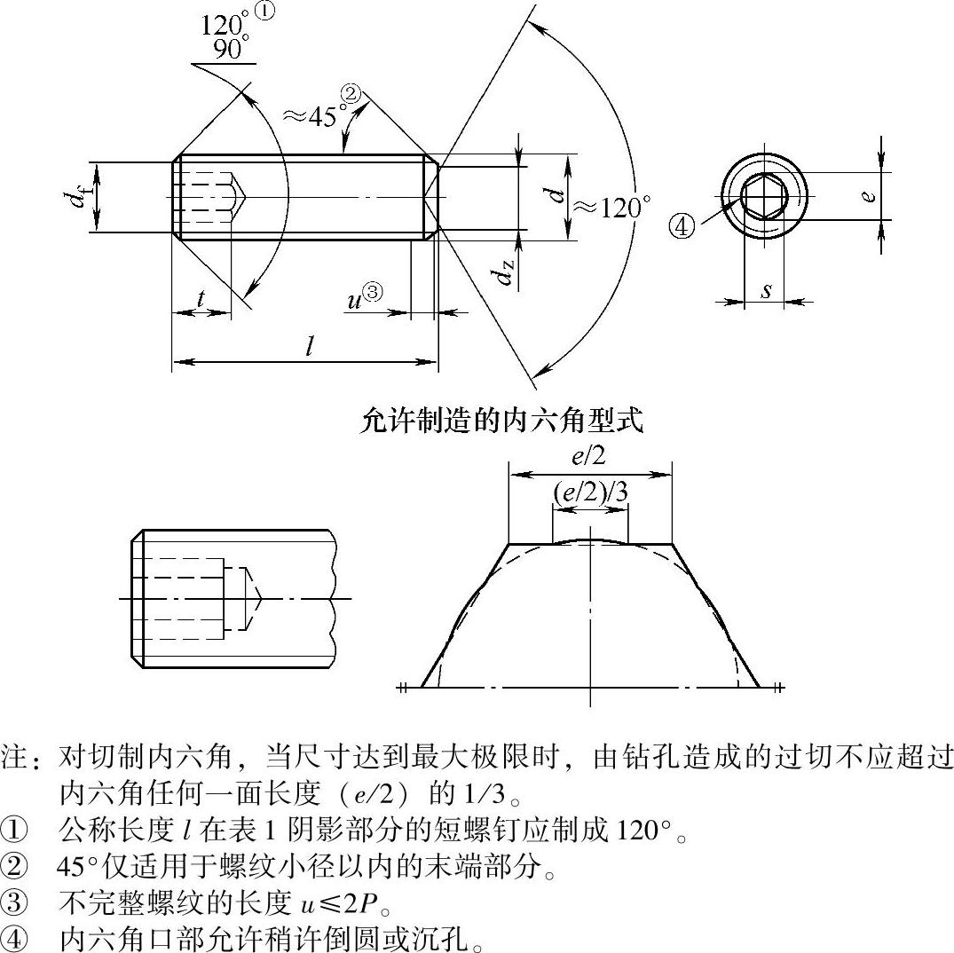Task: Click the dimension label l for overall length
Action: [x=310, y=345]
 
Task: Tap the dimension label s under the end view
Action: [x=766, y=290]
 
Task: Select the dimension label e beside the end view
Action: [x=869, y=195]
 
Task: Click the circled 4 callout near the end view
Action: [x=682, y=227]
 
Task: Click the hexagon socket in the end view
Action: [x=764, y=196]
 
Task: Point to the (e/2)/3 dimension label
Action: [x=589, y=492]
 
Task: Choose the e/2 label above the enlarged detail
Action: [x=589, y=456]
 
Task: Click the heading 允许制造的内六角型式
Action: [x=501, y=421]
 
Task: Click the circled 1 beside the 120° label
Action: [x=266, y=11]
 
